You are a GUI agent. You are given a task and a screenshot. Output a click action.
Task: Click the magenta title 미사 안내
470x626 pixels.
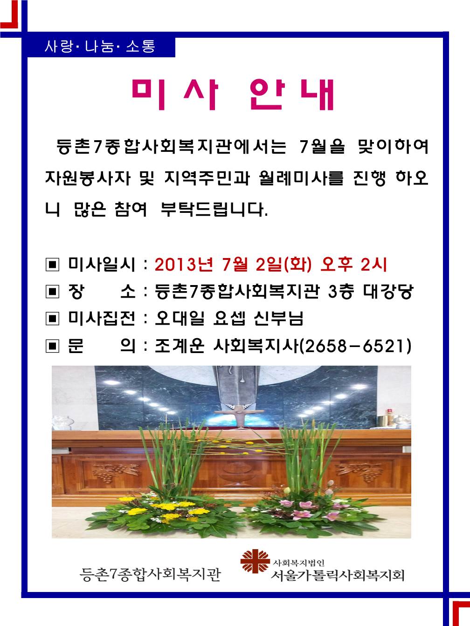(233, 94)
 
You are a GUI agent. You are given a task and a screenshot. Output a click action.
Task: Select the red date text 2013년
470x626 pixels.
(184, 264)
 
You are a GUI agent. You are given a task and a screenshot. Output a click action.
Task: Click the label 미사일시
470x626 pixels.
(101, 264)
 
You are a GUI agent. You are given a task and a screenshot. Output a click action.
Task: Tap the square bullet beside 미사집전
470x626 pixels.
(52, 319)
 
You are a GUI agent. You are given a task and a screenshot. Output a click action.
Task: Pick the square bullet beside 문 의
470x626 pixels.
(52, 346)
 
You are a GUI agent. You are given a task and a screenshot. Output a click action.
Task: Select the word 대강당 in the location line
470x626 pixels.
(388, 291)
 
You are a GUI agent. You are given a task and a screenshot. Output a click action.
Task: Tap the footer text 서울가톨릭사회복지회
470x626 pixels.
(337, 575)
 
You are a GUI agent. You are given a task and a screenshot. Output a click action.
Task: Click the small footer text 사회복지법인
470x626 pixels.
(299, 563)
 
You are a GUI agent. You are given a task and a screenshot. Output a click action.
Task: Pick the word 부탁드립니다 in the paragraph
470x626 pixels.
(214, 210)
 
